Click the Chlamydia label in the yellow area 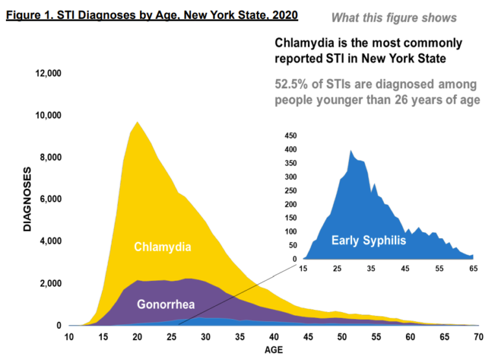click(163, 246)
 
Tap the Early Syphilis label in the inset click(368, 241)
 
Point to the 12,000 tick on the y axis click(47, 73)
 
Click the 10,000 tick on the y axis click(47, 115)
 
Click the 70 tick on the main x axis click(479, 337)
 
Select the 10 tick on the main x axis click(68, 337)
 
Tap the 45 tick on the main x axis click(307, 337)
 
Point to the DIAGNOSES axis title click(27, 200)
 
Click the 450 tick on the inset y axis click(289, 136)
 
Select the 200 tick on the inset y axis click(289, 204)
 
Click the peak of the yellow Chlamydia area click(136, 122)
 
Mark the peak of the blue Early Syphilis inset click(351, 150)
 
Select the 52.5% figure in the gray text click(293, 85)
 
